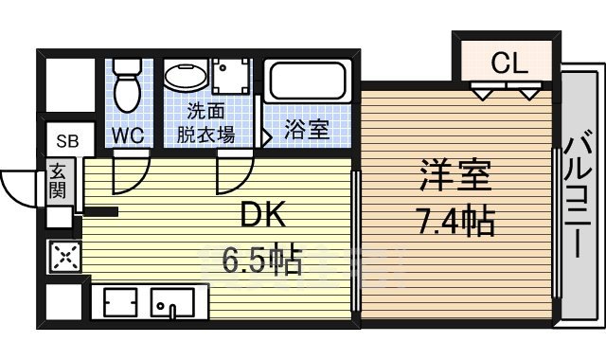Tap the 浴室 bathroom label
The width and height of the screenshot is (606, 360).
(308, 130)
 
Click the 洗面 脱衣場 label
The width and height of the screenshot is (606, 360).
(205, 123)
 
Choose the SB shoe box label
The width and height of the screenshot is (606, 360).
(67, 142)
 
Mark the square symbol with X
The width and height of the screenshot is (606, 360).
(64, 256)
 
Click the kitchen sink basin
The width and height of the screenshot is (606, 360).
(172, 303)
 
